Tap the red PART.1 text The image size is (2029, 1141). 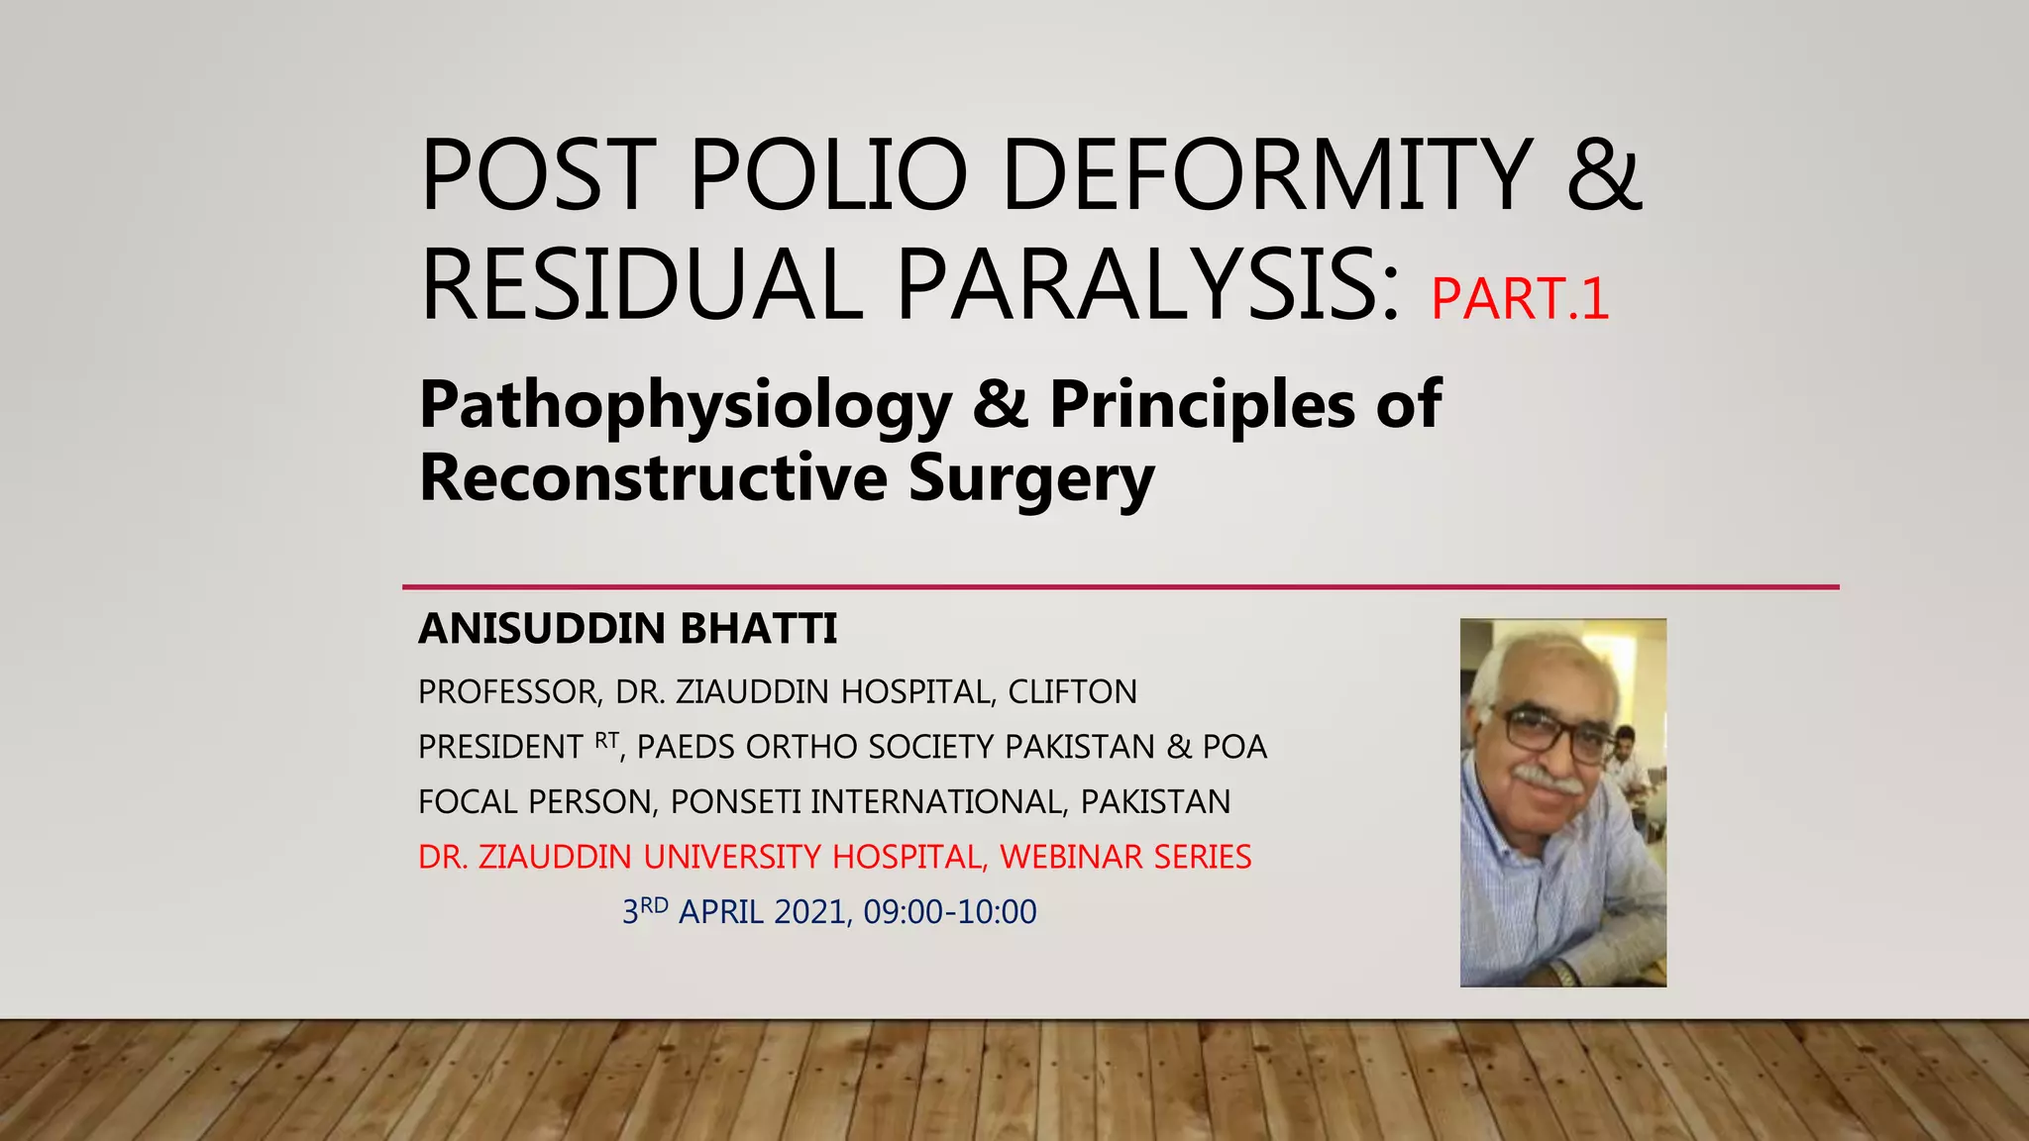click(1520, 299)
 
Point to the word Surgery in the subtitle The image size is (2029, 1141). click(1031, 480)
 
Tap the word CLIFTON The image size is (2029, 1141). click(1073, 691)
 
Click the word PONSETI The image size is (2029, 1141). click(735, 801)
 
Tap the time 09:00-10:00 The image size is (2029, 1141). click(950, 912)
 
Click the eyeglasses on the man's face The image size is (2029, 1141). click(1550, 733)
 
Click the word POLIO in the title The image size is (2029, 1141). click(827, 176)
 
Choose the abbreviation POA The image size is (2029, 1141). click(1234, 747)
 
